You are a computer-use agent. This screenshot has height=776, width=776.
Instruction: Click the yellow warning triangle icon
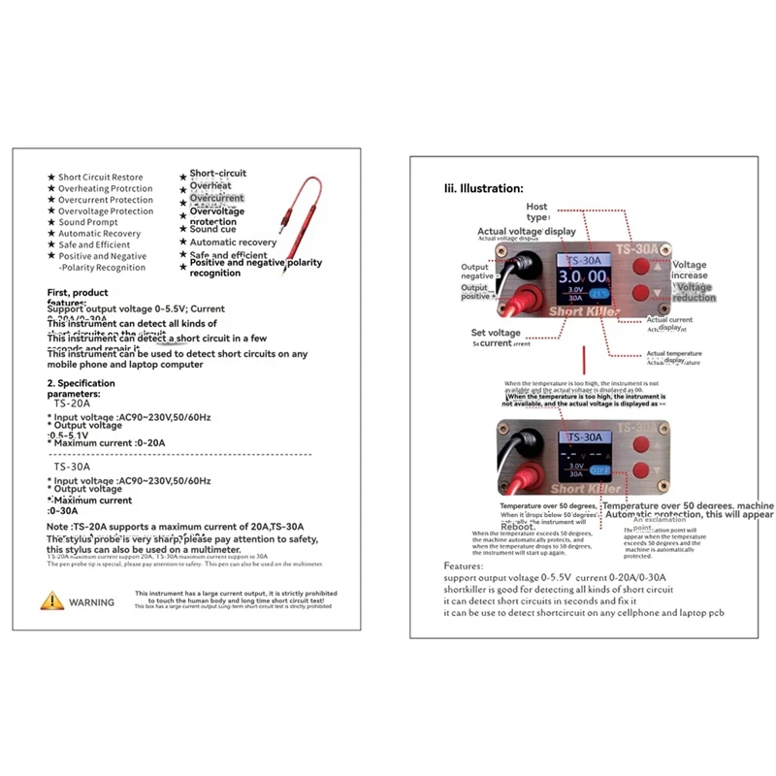click(51, 600)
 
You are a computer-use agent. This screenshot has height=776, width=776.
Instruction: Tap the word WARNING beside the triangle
click(91, 601)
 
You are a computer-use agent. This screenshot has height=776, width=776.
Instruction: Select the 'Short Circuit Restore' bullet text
click(100, 177)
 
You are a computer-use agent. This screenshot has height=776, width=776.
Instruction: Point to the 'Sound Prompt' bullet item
click(87, 222)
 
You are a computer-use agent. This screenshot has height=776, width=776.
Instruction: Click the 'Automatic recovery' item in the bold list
click(233, 242)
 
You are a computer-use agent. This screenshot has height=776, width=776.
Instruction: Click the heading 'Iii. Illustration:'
click(483, 188)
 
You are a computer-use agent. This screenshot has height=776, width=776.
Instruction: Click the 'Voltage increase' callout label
click(690, 270)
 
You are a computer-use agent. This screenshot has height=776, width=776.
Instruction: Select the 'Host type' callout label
click(536, 212)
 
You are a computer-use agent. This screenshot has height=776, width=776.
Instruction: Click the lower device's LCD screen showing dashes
click(586, 456)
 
